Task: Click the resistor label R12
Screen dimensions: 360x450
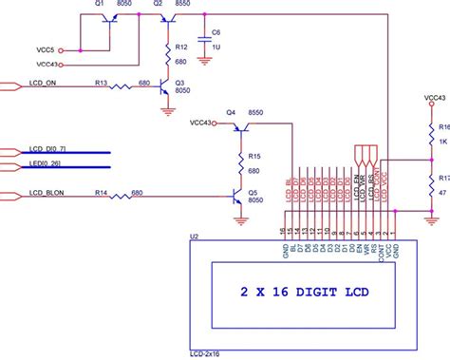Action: coord(180,45)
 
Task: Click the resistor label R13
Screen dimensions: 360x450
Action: coord(101,84)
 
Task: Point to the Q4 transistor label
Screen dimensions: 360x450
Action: coord(230,112)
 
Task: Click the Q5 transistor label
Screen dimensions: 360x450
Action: coord(253,191)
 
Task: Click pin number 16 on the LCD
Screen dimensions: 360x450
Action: coord(283,230)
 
